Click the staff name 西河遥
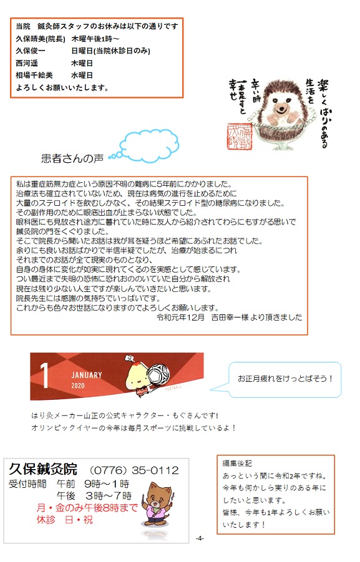click(27, 63)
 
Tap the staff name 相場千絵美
click(34, 75)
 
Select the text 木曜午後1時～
click(95, 39)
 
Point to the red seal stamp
click(240, 137)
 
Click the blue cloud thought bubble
click(149, 145)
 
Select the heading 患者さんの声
click(72, 158)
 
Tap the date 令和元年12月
click(181, 317)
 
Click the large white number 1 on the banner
click(44, 375)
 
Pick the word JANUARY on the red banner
click(87, 375)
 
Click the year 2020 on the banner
click(78, 385)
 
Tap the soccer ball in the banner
click(157, 375)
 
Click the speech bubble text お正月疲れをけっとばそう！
click(285, 379)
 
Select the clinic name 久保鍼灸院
click(43, 469)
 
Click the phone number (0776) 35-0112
click(134, 470)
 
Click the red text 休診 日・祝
click(64, 520)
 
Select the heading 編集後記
click(237, 463)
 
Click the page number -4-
click(200, 538)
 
